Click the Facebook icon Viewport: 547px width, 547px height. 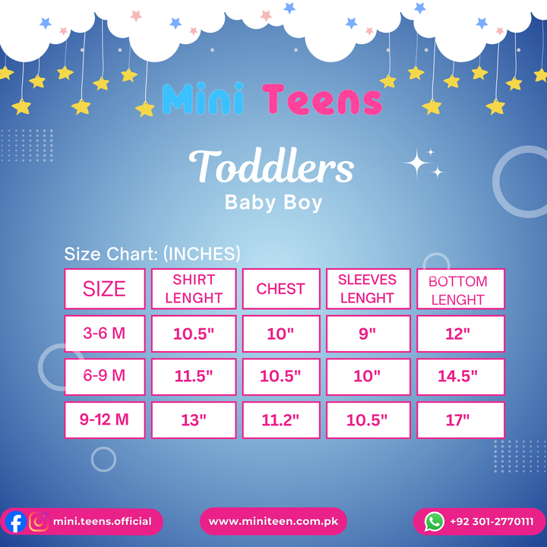coord(16,521)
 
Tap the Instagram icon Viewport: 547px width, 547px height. coord(39,521)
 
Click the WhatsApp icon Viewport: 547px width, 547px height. coord(435,521)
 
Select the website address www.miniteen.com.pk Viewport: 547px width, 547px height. coord(273,521)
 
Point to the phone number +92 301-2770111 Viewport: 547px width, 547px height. coord(492,521)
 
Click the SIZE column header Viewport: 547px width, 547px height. coord(105,289)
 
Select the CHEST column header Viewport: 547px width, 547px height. coord(281,289)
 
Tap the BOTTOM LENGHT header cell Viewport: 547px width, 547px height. coord(460,289)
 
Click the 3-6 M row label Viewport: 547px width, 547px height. coord(105,334)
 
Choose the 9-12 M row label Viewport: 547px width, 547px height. coord(105,419)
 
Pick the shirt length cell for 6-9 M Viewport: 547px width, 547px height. coord(194,376)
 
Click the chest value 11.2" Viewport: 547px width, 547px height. coord(281,419)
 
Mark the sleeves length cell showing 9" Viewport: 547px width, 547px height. coord(368,334)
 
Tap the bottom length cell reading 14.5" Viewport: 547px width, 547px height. coord(460,376)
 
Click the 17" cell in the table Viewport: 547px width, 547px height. coord(460,419)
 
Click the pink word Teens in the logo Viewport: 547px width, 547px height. coord(322,100)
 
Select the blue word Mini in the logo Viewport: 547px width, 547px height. coord(203,98)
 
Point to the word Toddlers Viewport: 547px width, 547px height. coord(271,166)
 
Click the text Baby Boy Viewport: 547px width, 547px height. coord(273,203)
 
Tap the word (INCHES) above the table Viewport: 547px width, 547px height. coord(201,254)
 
